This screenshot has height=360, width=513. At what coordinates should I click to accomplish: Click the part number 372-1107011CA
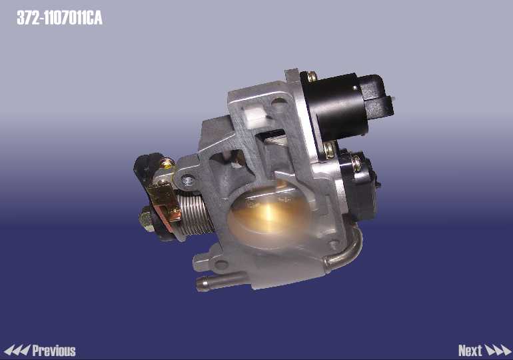(x=59, y=18)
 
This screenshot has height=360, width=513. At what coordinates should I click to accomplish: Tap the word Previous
(x=54, y=351)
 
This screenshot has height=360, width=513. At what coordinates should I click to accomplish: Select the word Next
(x=470, y=351)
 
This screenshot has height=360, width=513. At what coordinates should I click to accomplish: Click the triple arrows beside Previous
(x=17, y=350)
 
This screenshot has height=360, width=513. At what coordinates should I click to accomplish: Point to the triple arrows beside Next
(x=498, y=350)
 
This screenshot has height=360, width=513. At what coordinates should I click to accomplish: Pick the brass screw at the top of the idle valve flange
(x=311, y=77)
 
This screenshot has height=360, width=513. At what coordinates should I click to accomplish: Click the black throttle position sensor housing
(x=358, y=184)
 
